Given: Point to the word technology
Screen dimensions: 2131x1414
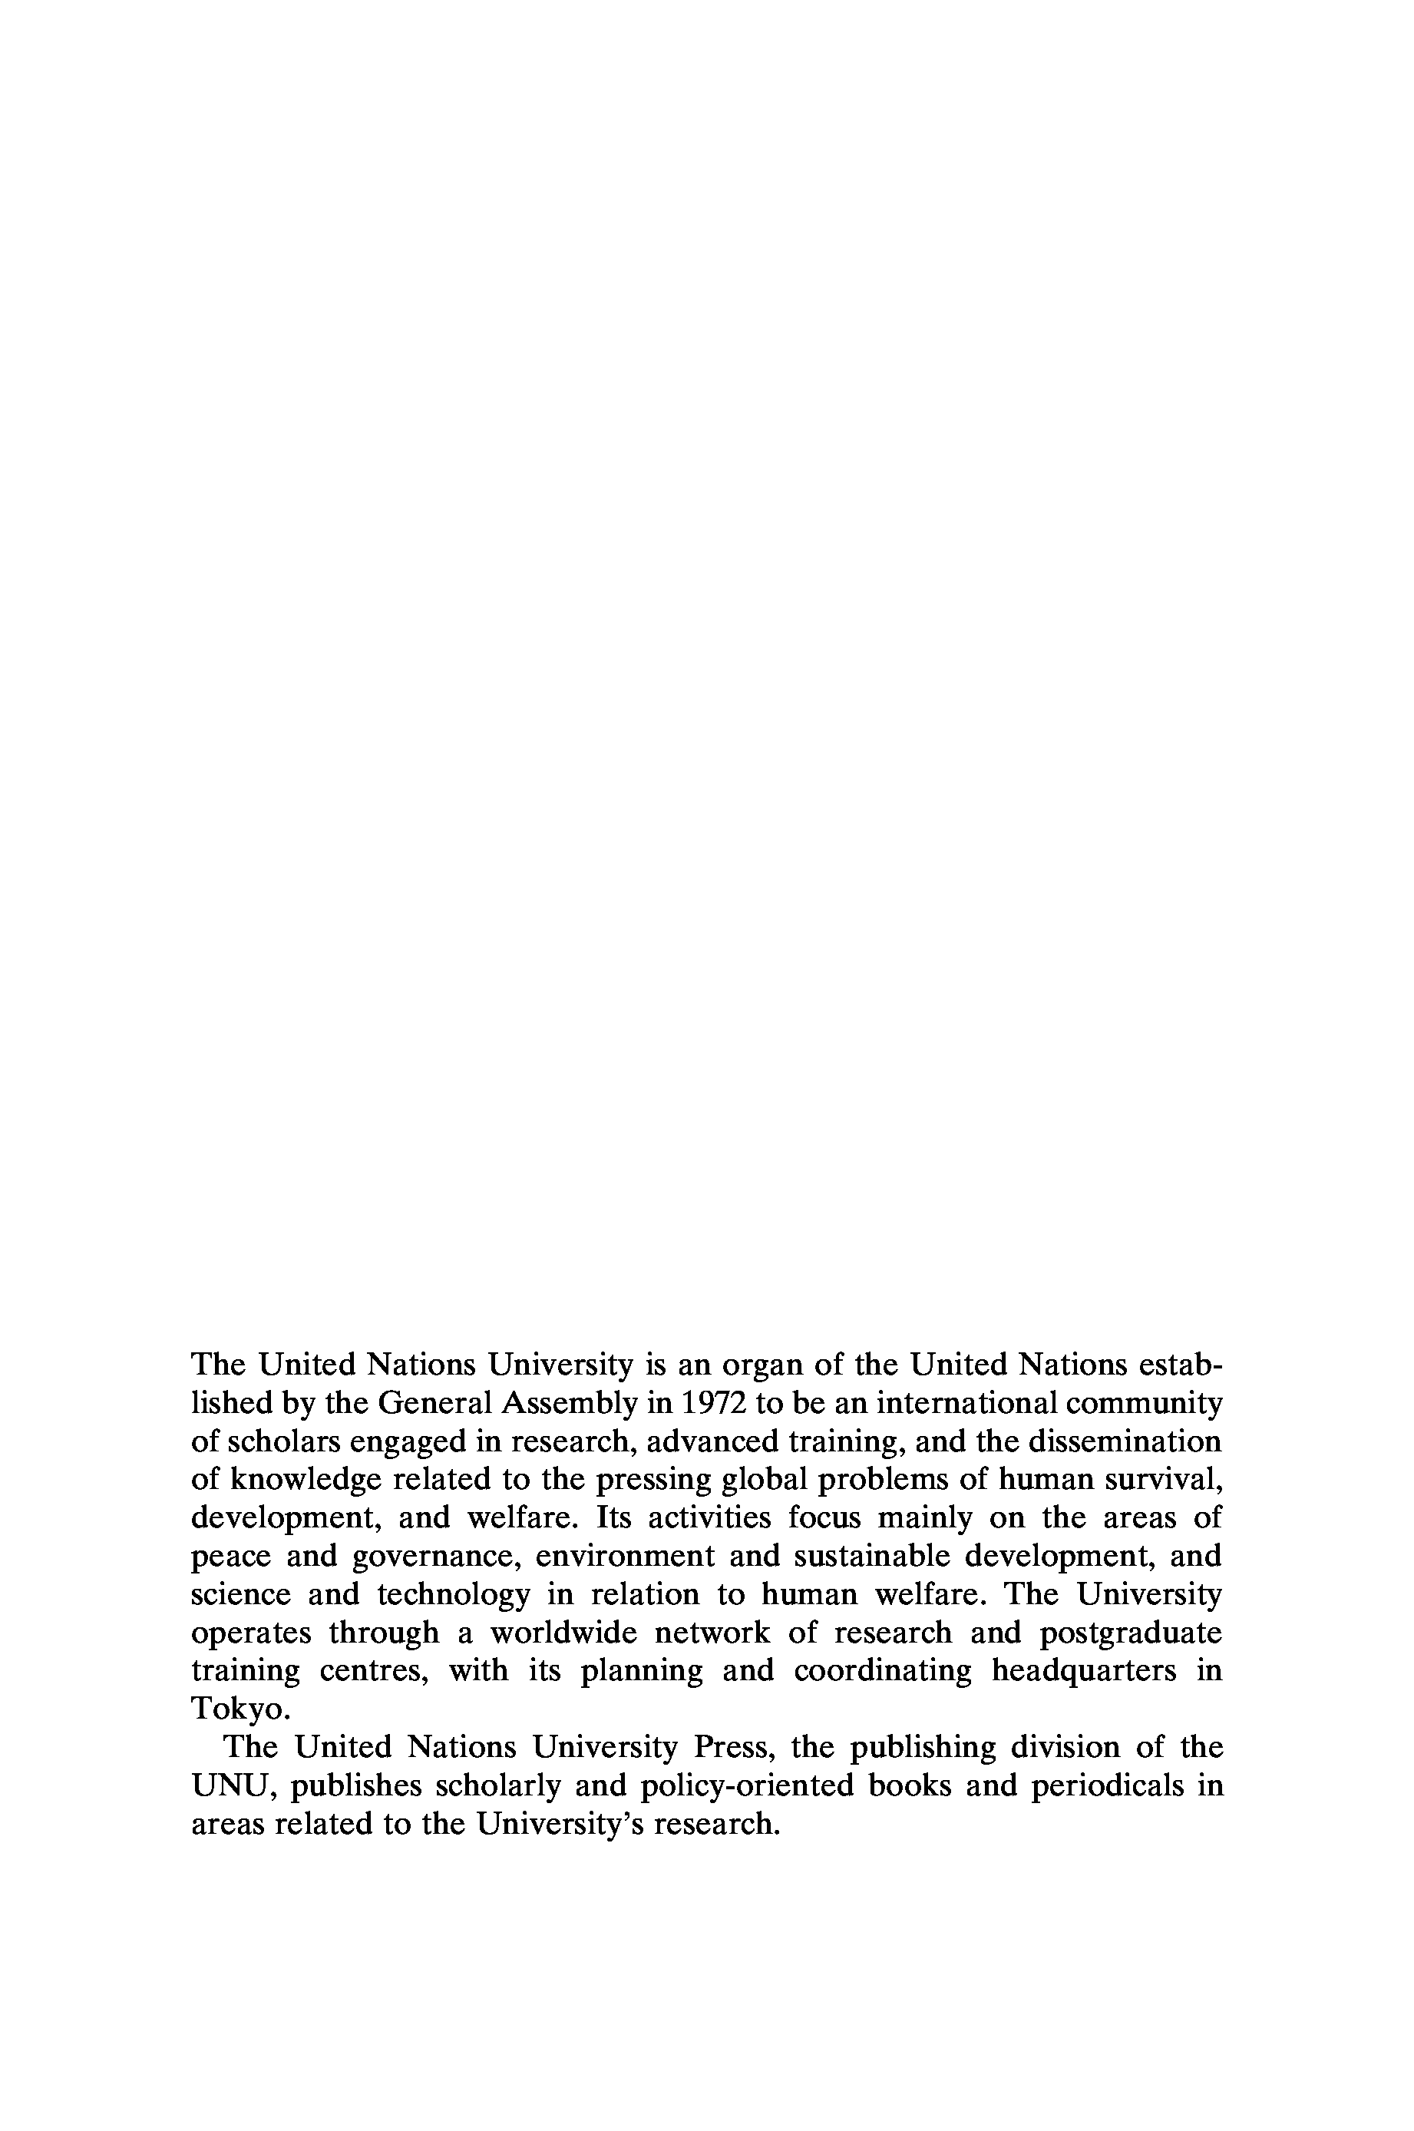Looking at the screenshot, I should (x=454, y=1595).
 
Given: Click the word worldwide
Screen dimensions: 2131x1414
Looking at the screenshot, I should (x=563, y=1633).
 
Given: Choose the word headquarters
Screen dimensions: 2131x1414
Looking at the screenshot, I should (x=1084, y=1671).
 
